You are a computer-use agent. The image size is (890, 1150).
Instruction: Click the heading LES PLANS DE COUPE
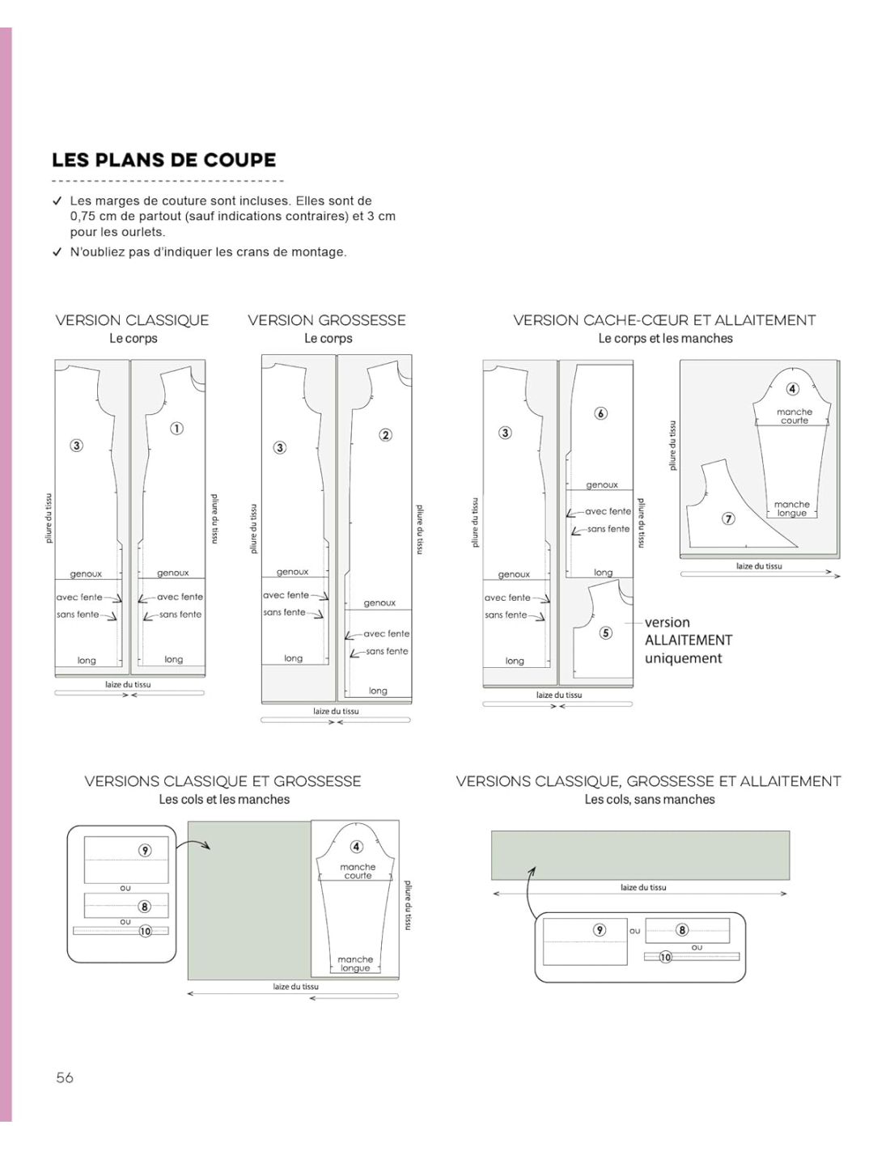point(163,160)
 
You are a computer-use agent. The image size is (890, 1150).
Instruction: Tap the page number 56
point(65,1077)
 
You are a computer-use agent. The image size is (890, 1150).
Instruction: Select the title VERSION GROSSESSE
point(327,320)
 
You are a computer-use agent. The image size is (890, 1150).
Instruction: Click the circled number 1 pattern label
point(176,428)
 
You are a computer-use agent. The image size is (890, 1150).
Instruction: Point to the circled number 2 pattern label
point(385,435)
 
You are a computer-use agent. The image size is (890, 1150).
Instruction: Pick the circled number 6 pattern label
point(600,413)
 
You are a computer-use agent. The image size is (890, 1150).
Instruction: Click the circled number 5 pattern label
point(606,633)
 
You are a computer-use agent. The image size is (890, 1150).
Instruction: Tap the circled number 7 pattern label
point(728,518)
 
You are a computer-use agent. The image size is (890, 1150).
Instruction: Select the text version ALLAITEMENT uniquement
point(689,641)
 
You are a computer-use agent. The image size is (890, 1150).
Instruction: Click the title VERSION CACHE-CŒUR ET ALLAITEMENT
point(664,320)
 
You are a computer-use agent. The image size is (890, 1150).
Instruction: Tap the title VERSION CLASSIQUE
point(133,320)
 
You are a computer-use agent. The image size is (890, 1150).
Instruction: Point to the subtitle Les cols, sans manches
point(650,799)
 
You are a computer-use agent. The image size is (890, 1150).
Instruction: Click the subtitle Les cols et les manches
point(224,799)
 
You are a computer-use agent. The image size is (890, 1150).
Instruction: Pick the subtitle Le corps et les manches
point(666,338)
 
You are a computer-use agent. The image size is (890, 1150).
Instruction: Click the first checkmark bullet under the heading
point(57,201)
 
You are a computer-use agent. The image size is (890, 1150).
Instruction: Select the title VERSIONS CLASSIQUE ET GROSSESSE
point(222,781)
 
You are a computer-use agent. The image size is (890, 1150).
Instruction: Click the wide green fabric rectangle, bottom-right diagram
point(640,856)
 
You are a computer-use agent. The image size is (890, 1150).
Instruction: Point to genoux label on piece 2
point(379,602)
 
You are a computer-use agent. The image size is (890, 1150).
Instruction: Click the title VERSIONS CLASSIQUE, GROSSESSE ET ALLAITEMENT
point(649,781)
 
